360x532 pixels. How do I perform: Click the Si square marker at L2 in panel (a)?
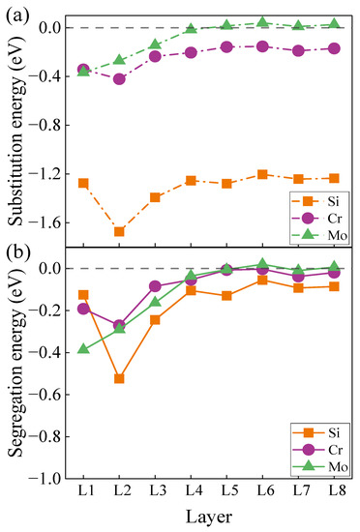click(119, 231)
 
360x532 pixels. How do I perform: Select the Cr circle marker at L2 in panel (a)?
click(119, 78)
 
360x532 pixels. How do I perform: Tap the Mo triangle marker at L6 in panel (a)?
click(262, 22)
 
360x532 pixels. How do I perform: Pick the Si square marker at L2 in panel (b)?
click(119, 378)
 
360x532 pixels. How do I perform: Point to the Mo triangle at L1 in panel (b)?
click(83, 348)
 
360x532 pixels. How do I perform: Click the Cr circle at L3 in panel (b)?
click(155, 286)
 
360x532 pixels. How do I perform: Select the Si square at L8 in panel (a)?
click(334, 178)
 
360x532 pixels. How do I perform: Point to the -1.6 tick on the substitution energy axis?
click(48, 222)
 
